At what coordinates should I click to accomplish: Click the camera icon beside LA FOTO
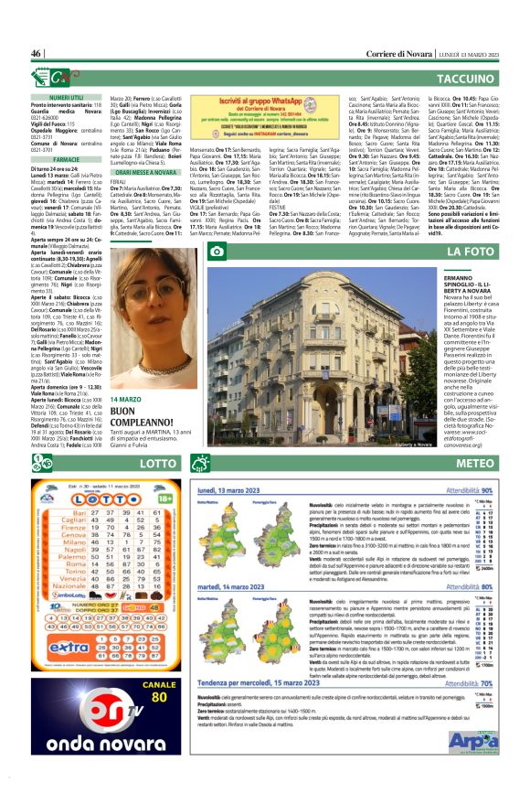(217, 251)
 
